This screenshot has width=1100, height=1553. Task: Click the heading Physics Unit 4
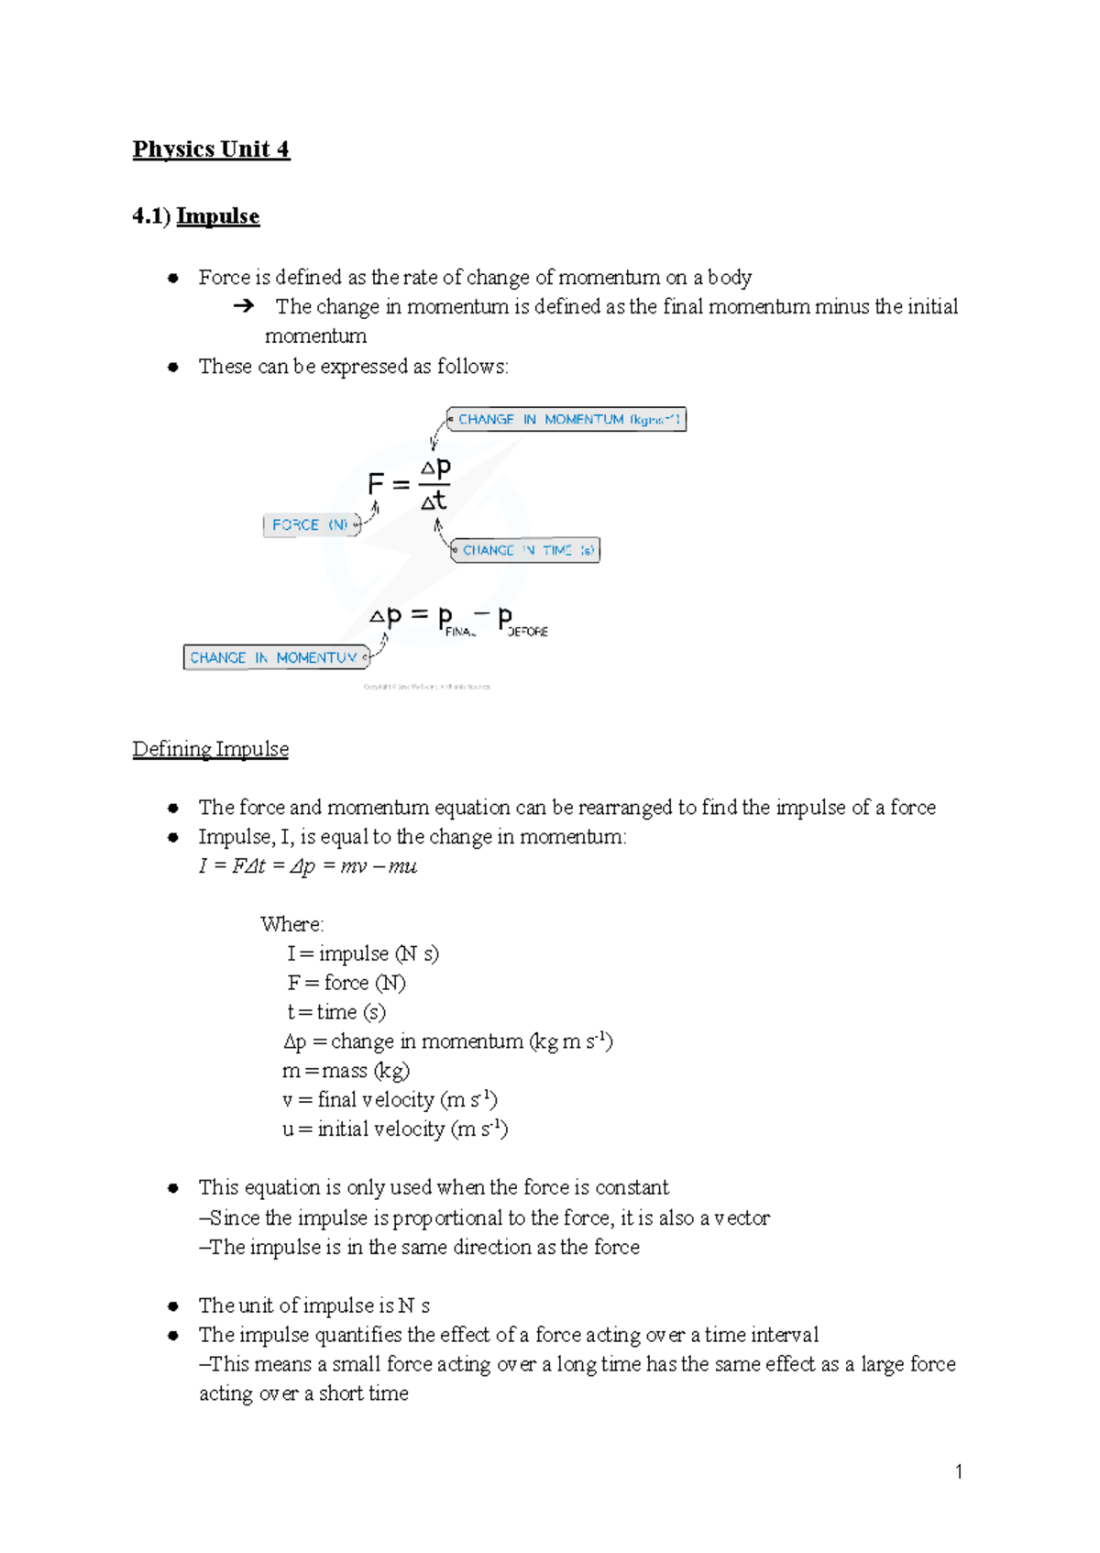coord(211,149)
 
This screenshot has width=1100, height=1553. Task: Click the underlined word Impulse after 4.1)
coord(218,216)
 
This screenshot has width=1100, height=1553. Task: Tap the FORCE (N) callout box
coord(310,524)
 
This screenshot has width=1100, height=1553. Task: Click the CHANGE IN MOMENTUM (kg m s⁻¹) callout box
coord(567,419)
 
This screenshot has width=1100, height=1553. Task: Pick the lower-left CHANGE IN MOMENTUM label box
coord(274,657)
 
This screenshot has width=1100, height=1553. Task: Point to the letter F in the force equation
coord(375,484)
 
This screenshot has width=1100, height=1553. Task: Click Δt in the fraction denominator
coord(434,501)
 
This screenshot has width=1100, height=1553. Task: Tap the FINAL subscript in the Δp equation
coord(460,632)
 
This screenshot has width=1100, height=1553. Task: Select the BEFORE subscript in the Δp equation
coord(528,632)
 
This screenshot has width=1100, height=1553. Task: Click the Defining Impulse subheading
coord(211,749)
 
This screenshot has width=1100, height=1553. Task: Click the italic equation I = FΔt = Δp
coord(307,866)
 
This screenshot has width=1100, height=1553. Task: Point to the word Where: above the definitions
coord(291,924)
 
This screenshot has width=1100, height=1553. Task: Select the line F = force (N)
coord(346,983)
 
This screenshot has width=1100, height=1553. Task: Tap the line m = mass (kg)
coord(346,1071)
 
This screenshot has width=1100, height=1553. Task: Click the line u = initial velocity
coord(394,1129)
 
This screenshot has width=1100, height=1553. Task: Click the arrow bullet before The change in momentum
coord(243,306)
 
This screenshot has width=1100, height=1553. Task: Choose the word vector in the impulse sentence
coord(742,1217)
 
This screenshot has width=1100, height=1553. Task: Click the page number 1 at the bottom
coord(959,1471)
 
